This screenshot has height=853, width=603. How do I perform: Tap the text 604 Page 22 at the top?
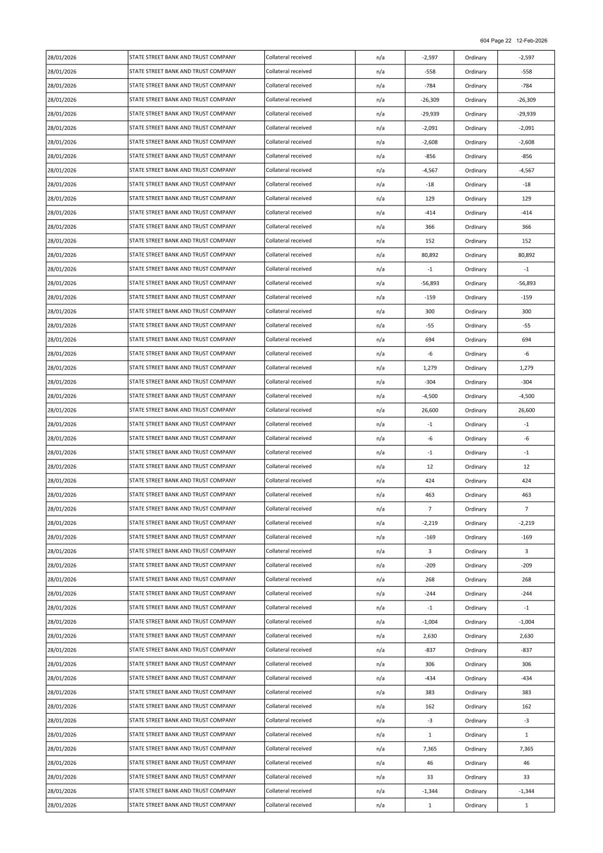click(x=496, y=41)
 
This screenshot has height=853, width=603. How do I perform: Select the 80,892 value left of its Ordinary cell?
click(x=429, y=255)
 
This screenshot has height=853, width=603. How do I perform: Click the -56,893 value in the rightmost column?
click(x=526, y=283)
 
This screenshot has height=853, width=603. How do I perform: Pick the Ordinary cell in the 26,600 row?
click(x=476, y=410)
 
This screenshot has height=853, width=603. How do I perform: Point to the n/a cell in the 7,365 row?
click(x=380, y=749)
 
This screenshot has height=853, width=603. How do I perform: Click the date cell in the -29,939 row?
click(x=62, y=114)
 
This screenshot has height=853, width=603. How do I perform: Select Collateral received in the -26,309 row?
click(x=289, y=99)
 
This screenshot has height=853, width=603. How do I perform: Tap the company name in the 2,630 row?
click(x=182, y=636)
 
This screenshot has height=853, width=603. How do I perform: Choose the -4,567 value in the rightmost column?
click(x=526, y=170)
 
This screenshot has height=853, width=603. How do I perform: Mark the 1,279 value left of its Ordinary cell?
click(x=429, y=368)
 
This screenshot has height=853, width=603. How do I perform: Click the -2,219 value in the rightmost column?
click(x=526, y=523)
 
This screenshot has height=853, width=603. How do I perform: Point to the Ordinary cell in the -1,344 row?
click(x=476, y=791)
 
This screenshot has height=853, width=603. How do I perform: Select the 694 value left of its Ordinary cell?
click(x=429, y=339)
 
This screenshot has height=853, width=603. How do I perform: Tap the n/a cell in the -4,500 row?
click(x=380, y=396)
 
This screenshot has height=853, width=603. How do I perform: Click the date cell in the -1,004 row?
click(x=62, y=622)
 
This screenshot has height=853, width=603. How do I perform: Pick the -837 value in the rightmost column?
click(x=526, y=650)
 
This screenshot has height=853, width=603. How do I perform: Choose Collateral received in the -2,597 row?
click(x=289, y=57)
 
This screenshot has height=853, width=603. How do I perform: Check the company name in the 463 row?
click(x=182, y=494)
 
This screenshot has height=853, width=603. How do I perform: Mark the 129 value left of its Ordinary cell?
click(x=429, y=199)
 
